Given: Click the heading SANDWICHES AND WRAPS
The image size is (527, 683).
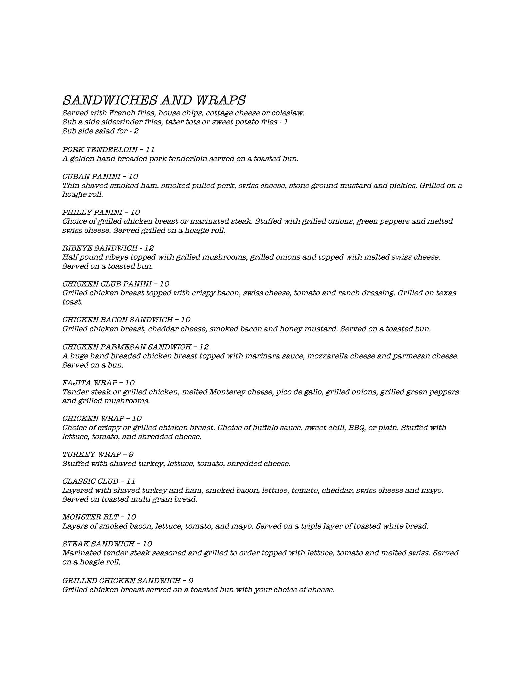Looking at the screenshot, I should tap(154, 100).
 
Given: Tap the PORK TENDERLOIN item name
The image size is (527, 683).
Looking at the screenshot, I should tap(100, 150).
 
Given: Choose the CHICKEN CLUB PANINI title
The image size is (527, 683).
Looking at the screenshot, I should tap(107, 284).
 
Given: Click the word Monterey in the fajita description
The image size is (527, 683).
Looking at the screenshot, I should tap(227, 392).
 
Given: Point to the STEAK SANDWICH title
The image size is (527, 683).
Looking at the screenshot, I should tap(98, 544).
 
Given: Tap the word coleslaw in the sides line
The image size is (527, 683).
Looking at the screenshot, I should tap(288, 113).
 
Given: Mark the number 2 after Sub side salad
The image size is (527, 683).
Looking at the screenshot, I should tap(136, 131).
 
